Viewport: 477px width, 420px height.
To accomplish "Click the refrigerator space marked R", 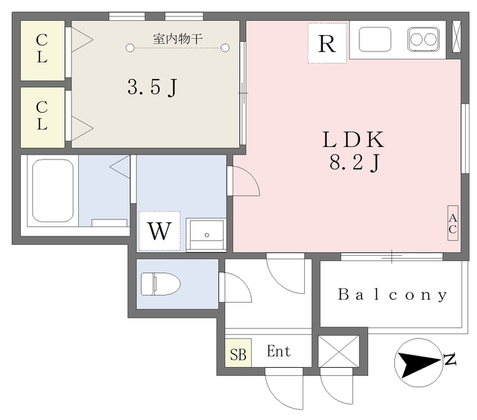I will [x=326, y=43].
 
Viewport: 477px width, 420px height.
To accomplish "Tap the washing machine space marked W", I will [x=159, y=231].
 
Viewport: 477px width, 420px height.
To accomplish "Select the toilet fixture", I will [x=159, y=283].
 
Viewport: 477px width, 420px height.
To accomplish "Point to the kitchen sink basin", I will [x=376, y=40].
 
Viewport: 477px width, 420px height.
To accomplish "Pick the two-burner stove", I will [x=423, y=40].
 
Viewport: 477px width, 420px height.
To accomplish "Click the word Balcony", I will [x=393, y=295].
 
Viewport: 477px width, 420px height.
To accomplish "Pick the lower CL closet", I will [x=42, y=118].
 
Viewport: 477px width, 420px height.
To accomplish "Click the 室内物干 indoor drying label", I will [x=178, y=39].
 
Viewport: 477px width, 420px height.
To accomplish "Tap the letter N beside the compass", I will [x=449, y=360].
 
